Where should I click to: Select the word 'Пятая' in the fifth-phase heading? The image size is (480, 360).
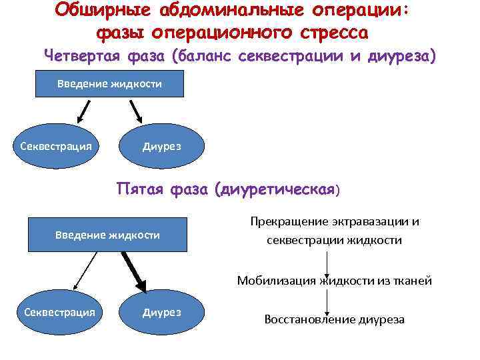coord(140,190)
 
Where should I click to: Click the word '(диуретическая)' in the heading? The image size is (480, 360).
coord(277,191)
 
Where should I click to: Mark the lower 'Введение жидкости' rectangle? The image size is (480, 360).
coord(107,235)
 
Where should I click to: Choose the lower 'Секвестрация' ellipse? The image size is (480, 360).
coord(59,311)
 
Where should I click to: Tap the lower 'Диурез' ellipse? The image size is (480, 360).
coord(162,311)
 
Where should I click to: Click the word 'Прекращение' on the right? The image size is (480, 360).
coord(283,221)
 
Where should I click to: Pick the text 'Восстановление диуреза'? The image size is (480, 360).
coord(334,319)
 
